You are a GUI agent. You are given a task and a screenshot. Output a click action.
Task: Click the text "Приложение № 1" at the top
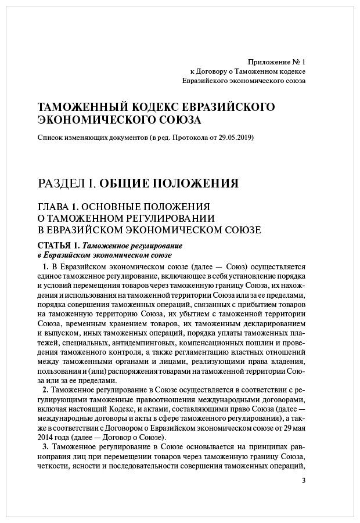(x=276, y=61)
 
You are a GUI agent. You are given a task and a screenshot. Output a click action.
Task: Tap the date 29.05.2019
(x=235, y=138)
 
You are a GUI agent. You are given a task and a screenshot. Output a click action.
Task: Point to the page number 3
(x=304, y=481)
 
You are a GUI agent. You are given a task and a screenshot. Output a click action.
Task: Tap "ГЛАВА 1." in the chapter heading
(x=57, y=207)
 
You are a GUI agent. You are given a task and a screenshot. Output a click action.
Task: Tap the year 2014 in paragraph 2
(x=46, y=437)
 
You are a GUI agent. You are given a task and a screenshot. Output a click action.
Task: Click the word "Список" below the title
(x=49, y=138)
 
